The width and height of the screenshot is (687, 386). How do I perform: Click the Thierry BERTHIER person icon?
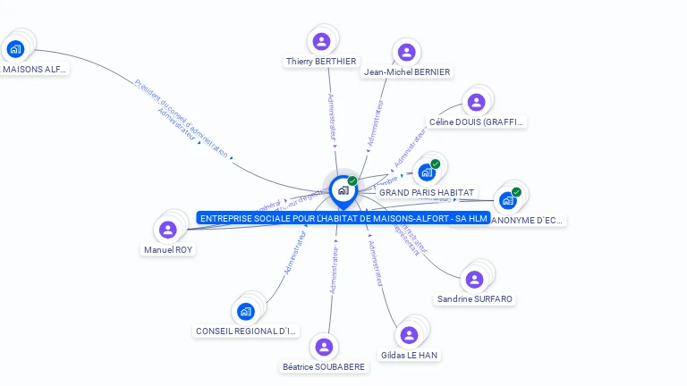click(x=321, y=41)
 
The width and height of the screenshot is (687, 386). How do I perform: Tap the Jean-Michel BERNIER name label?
click(x=407, y=71)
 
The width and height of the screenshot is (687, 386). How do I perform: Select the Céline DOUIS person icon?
click(x=476, y=103)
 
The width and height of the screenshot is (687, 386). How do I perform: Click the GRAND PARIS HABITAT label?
click(x=427, y=192)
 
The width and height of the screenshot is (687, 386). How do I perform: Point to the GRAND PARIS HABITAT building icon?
click(x=426, y=172)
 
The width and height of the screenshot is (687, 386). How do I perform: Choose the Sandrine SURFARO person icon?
click(x=475, y=279)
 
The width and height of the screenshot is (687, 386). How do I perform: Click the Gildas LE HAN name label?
click(x=409, y=355)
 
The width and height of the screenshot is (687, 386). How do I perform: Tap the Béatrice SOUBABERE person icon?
click(x=324, y=347)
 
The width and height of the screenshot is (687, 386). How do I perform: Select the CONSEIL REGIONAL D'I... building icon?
click(x=246, y=311)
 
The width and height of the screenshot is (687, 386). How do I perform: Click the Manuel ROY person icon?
click(x=167, y=230)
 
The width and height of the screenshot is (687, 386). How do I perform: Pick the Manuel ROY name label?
click(x=168, y=250)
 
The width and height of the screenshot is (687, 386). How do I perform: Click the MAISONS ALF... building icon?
click(x=14, y=48)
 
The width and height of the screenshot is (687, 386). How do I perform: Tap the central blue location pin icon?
click(x=343, y=190)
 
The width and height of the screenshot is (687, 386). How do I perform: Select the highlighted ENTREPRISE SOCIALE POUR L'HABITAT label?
click(x=343, y=218)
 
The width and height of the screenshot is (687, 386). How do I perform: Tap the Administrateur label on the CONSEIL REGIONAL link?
click(x=295, y=252)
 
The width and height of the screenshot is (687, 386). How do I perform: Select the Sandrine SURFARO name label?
click(x=476, y=298)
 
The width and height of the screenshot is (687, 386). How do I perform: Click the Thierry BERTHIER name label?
click(x=321, y=61)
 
